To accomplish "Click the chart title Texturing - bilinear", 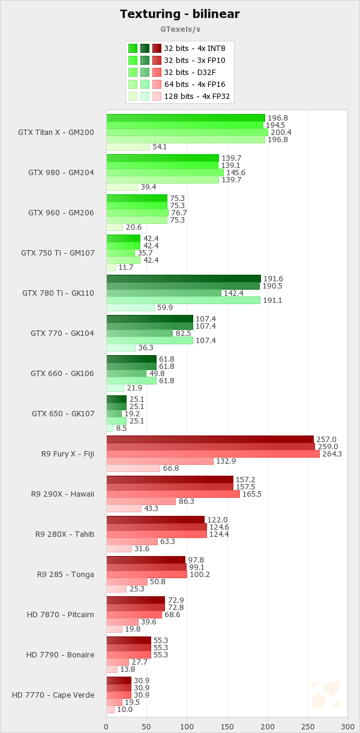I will (180, 14).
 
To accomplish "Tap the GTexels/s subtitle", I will (180, 28).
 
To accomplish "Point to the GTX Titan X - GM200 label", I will (56, 133).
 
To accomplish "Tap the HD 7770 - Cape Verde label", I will (53, 695).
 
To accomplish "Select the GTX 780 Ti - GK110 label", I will (58, 293).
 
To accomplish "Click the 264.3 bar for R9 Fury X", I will (213, 454).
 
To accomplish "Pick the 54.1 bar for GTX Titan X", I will (128, 147).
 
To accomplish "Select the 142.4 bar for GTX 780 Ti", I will (164, 293).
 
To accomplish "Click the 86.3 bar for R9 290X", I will (141, 501).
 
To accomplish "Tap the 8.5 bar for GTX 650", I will (110, 428).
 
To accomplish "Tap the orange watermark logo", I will (325, 695).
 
